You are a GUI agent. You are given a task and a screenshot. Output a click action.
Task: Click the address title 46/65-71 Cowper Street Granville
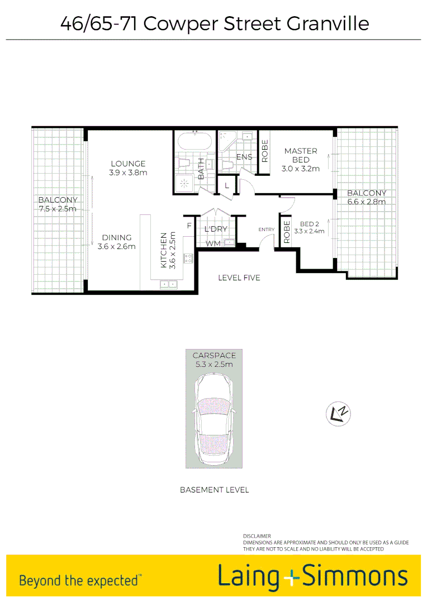pyautogui.click(x=215, y=23)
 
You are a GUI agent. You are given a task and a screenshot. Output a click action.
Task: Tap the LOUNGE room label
pyautogui.click(x=128, y=164)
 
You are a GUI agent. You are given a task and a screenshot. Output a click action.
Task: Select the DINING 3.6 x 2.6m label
pyautogui.click(x=116, y=242)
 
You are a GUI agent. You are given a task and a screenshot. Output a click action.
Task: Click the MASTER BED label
pyautogui.click(x=300, y=155)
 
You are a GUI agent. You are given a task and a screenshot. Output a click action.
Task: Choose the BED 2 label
pyautogui.click(x=309, y=224)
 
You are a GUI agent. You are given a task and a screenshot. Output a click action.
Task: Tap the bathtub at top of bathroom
pyautogui.click(x=193, y=140)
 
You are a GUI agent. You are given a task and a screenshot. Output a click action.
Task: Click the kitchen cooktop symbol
pyautogui.click(x=188, y=258)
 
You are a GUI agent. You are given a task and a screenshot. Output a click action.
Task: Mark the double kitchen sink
pyautogui.click(x=168, y=284)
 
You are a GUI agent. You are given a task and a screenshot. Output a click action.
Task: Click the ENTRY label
pyautogui.click(x=266, y=229)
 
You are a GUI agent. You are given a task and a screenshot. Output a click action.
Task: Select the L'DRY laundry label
pyautogui.click(x=215, y=229)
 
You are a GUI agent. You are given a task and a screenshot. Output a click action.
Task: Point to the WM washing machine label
pyautogui.click(x=212, y=243)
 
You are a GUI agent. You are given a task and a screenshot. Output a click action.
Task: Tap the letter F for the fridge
pyautogui.click(x=189, y=226)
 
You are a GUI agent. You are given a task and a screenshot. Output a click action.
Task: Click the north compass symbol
pyautogui.click(x=338, y=413)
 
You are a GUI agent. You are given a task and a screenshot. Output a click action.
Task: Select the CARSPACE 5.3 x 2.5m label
pyautogui.click(x=214, y=360)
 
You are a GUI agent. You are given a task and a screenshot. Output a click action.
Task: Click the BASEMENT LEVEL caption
pyautogui.click(x=214, y=490)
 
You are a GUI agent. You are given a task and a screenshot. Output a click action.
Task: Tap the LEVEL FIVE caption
pyautogui.click(x=239, y=277)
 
